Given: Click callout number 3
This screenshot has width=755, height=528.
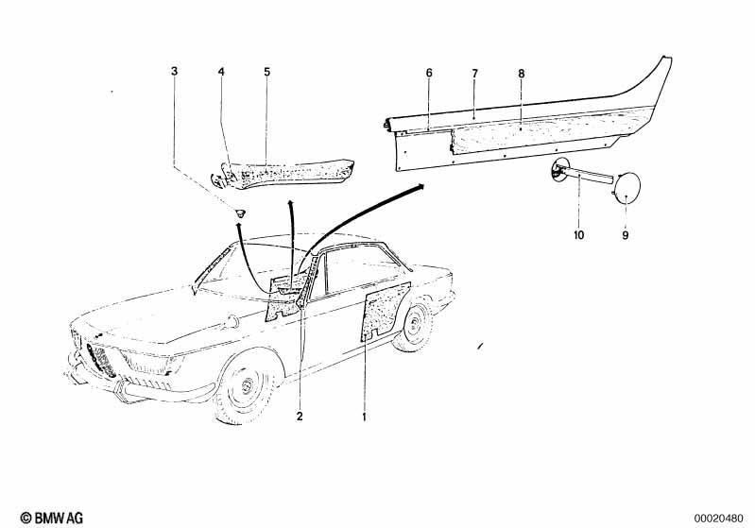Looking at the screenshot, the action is [174, 71].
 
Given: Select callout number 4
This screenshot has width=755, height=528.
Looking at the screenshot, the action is [221, 72].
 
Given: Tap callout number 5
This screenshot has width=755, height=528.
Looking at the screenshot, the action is [266, 72].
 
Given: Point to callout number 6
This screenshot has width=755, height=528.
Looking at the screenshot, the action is [429, 73].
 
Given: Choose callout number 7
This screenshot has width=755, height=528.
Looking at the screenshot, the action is [474, 74].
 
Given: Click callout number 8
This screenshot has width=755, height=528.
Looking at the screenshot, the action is [522, 74].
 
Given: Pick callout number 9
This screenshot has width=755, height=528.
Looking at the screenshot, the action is [625, 235].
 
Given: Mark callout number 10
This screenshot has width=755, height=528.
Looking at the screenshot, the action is [578, 235].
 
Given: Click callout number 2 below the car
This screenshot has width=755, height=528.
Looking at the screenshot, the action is [300, 417].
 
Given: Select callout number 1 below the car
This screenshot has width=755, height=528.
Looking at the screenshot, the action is [364, 417].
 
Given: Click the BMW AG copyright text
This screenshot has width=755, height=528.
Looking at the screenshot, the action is [52, 518].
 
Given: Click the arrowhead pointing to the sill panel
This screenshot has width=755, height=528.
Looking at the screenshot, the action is [420, 186].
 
